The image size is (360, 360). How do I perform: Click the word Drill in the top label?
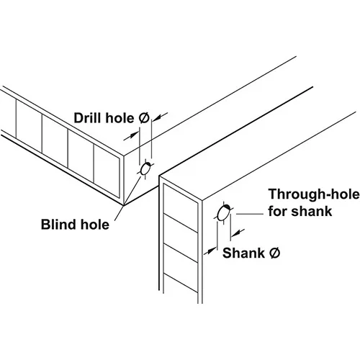pos(88,118)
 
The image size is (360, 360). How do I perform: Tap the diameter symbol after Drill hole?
pos(143,118)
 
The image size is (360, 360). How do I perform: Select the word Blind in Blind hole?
pos(56,225)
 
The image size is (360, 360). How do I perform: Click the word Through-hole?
pos(314,194)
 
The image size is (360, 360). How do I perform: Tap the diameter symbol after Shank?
pos(274,253)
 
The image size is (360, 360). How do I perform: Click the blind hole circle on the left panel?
pos(145,169)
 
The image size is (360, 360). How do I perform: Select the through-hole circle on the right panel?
pos(223,213)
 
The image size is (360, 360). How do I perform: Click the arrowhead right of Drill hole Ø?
pos(157,117)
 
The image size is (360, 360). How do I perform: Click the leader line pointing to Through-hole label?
pos(250,214)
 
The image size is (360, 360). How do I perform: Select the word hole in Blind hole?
pos(95,225)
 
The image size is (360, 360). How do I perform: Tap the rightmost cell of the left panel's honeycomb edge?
pos(107,171)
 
